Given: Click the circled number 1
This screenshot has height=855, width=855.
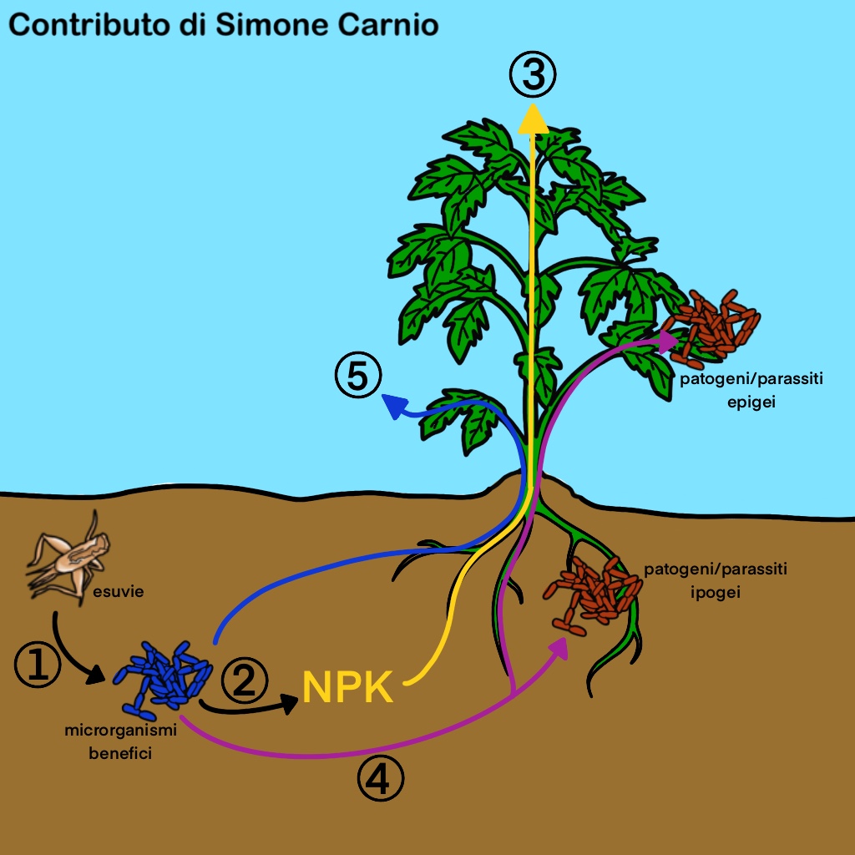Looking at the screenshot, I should tap(38, 664).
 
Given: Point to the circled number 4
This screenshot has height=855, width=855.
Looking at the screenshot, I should tap(380, 780).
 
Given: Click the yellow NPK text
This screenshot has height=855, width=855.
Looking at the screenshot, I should tap(347, 688).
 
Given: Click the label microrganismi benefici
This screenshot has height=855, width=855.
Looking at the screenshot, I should tap(122, 741).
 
